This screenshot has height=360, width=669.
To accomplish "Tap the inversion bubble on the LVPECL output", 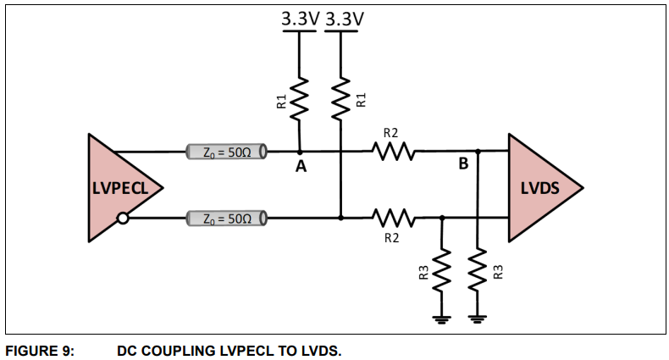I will pos(124,219).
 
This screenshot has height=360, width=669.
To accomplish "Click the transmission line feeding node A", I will pos(225,152).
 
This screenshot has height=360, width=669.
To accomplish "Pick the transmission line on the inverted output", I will pos(225,219).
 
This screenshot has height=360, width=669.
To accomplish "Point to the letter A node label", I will pos(300,167).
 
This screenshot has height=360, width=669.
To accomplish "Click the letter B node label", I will pos(462,164).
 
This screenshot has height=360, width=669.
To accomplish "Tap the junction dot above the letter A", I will pos(299,152).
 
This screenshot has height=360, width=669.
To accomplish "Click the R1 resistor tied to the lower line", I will pos(340,98).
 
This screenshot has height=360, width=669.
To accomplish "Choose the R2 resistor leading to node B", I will pos(391,152).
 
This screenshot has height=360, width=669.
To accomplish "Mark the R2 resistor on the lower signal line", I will pos(391,219).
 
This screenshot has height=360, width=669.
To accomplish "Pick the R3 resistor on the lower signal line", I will pos(441,273).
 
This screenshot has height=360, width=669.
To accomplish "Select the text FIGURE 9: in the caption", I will pos(40,351).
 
